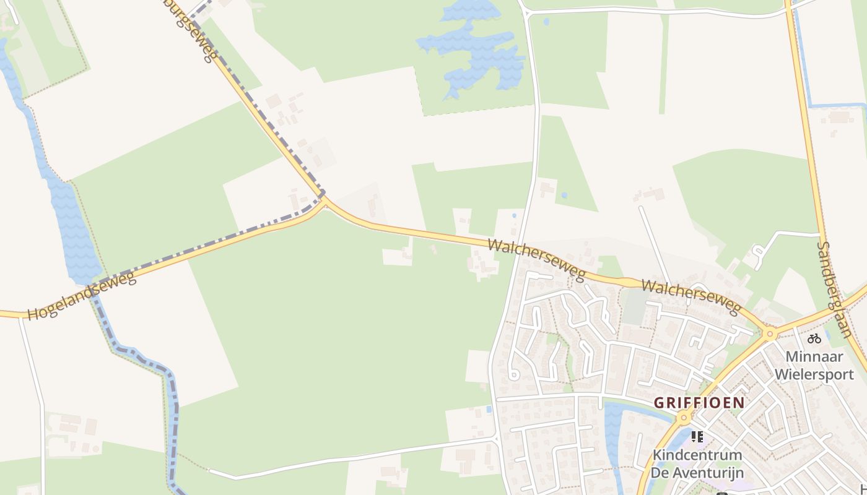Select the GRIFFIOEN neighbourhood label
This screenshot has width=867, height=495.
click(x=699, y=403)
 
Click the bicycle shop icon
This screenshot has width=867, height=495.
click(x=814, y=338)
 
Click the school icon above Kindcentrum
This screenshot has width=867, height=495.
click(x=697, y=437)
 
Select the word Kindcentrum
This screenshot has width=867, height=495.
click(x=697, y=455)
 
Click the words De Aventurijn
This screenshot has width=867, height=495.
click(x=697, y=473)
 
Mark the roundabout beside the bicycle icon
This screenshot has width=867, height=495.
click(x=770, y=334)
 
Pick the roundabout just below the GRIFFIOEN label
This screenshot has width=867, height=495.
click(x=684, y=418)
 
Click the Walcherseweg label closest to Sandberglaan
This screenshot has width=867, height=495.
click(x=691, y=296)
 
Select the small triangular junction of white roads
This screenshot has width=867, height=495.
click(x=524, y=9)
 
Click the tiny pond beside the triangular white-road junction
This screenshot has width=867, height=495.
click(x=546, y=22)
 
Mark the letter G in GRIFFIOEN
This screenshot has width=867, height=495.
click(x=659, y=403)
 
